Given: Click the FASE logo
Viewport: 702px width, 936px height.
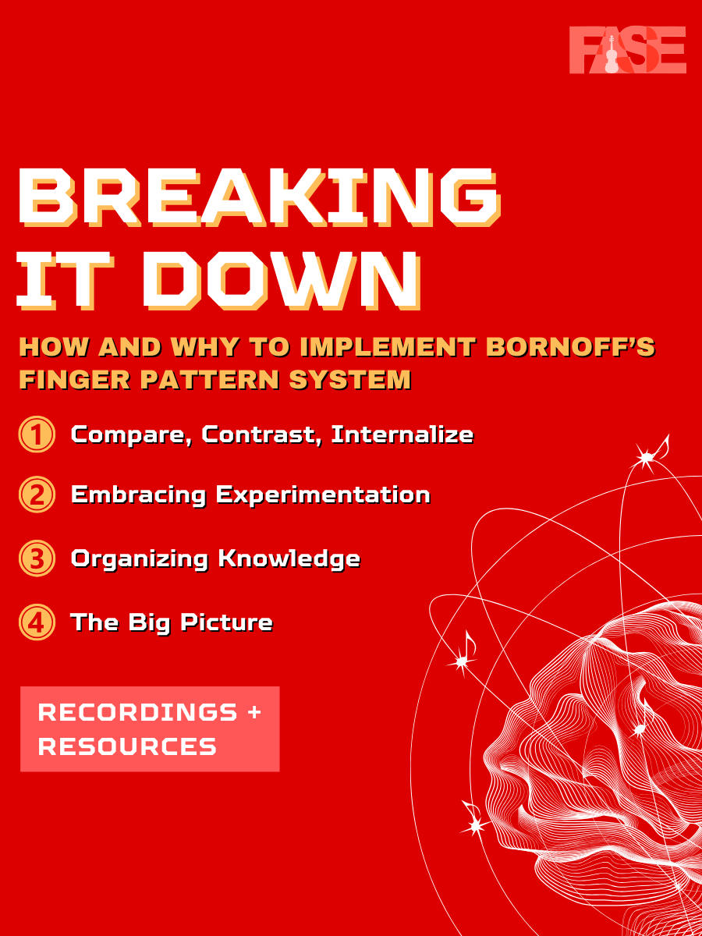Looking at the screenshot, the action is [x=627, y=50].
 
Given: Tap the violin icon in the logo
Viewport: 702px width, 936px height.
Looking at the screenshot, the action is [x=612, y=54].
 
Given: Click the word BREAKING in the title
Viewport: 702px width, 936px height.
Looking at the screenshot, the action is [x=259, y=197].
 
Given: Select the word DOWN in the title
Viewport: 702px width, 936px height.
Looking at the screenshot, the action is [x=282, y=281].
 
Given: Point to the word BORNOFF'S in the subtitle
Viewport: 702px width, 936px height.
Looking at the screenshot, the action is [x=570, y=346].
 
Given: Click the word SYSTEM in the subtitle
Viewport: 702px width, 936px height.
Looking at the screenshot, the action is [x=350, y=380].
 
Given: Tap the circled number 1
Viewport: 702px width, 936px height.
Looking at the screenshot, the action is [x=37, y=434].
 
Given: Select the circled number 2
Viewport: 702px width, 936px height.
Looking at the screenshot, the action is [x=37, y=495].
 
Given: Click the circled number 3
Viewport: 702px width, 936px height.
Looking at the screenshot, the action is [x=37, y=558].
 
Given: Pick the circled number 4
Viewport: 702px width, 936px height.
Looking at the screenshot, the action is [x=37, y=622].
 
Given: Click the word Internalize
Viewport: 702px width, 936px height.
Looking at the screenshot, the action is [x=402, y=435].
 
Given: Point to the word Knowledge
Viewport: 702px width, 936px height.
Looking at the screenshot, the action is [x=289, y=559].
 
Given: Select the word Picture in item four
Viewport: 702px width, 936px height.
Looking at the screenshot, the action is [x=226, y=622].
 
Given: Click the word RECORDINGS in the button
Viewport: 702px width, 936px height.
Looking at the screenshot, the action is [x=137, y=713].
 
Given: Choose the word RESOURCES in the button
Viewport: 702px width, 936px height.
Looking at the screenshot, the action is [x=127, y=746].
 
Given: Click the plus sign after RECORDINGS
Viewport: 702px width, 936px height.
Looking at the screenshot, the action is [x=254, y=712].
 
